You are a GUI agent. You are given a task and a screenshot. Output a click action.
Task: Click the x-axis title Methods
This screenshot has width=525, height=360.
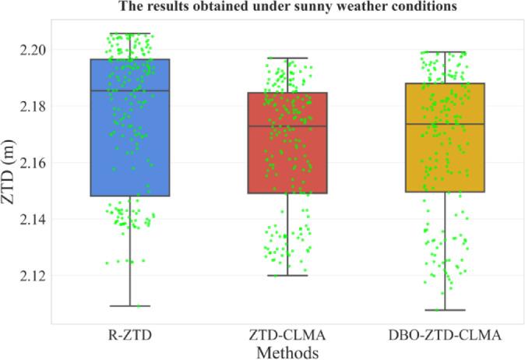287,352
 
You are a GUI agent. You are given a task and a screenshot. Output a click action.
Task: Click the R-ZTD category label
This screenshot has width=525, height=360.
130,336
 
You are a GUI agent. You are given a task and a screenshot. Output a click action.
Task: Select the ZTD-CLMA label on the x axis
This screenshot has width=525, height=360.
287,336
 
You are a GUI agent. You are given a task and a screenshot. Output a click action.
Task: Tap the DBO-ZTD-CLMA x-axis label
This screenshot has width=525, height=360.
445,336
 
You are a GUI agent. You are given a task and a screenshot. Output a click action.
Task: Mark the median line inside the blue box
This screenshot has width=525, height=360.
130,90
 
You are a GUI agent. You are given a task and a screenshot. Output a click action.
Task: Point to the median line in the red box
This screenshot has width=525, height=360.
287,125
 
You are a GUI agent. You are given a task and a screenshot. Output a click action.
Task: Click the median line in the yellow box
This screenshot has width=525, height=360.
445,124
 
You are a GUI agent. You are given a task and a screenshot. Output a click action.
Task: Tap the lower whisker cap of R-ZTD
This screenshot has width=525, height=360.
130,306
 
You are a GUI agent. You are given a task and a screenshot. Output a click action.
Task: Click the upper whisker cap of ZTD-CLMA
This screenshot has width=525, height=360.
287,58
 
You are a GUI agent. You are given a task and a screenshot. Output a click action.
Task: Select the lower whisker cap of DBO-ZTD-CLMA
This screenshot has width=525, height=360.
445,310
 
